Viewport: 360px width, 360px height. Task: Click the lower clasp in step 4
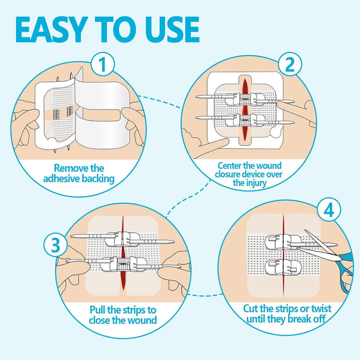click(x=281, y=268)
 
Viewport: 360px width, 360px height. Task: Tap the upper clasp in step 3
click(x=124, y=238)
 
